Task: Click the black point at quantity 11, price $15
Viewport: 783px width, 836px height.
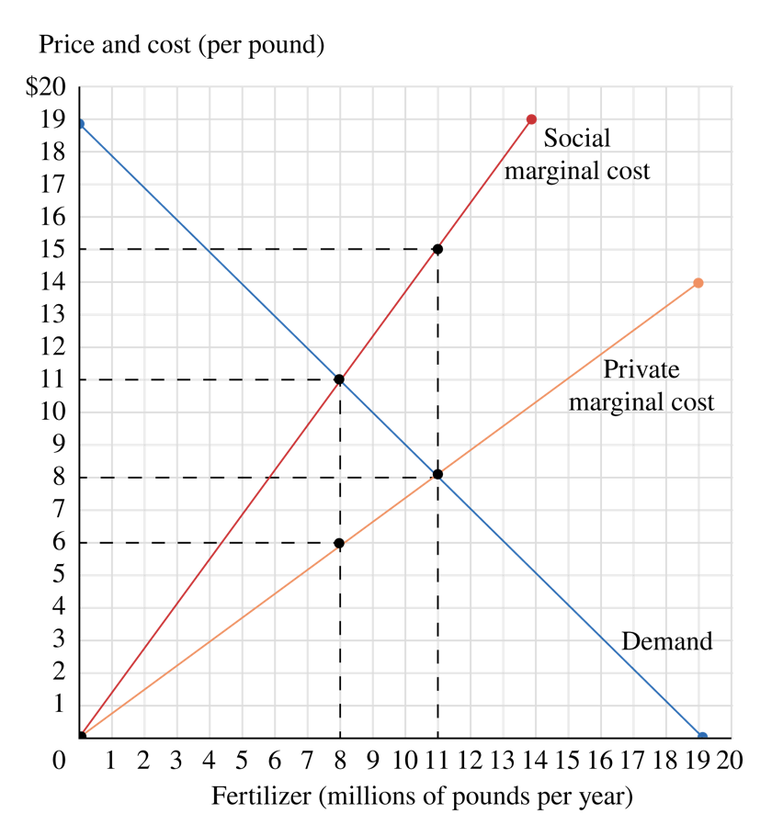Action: pos(437,249)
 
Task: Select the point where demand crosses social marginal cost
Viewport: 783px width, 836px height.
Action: pos(339,379)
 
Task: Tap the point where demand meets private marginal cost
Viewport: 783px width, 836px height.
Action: pos(437,474)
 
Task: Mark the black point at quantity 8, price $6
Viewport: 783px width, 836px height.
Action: pos(339,543)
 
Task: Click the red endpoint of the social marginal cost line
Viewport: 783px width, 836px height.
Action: pos(531,119)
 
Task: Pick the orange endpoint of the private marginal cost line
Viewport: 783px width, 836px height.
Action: pos(698,283)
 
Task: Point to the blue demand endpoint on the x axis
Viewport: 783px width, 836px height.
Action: pos(702,736)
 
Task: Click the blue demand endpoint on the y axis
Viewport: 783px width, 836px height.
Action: pos(80,124)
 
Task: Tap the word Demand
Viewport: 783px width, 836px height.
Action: pos(666,641)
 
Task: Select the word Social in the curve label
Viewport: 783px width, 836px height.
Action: pos(576,139)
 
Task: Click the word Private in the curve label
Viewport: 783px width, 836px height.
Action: pos(641,369)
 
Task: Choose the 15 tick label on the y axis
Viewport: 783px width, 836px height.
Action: pos(53,250)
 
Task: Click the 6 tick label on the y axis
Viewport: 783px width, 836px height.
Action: pos(59,543)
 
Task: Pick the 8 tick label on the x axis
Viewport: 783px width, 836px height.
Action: pos(340,761)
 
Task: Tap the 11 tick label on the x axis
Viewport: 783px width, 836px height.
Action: pos(437,761)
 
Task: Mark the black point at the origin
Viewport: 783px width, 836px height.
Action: pos(81,736)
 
